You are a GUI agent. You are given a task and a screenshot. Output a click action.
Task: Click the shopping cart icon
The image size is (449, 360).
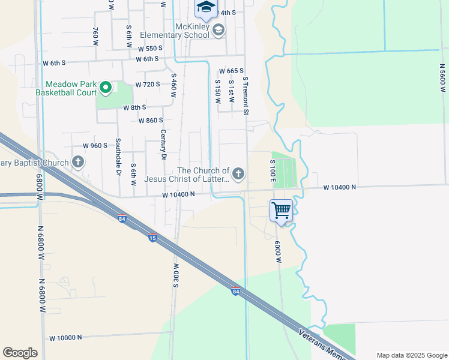[281, 210]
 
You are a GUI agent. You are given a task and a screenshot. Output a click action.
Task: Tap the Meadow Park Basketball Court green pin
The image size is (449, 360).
[106, 88]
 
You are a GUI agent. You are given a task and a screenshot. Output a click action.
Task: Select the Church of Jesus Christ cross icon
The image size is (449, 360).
[238, 174]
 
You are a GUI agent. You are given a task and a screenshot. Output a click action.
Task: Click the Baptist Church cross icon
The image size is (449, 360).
[78, 161]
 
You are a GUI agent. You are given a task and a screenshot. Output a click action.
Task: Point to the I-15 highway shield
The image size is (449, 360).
[152, 237]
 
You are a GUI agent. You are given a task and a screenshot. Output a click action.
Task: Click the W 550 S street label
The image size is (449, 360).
[150, 49]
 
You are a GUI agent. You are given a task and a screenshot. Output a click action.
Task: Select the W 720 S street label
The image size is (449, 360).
[148, 85]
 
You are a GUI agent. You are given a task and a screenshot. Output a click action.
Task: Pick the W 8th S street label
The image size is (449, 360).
[134, 108]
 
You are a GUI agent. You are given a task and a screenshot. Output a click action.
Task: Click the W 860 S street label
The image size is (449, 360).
[151, 121]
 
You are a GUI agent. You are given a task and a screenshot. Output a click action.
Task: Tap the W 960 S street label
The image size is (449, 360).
[95, 146]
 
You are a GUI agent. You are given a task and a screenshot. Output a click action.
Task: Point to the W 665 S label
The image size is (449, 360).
[231, 71]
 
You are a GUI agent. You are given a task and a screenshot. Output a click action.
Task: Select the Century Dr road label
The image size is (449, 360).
[162, 144]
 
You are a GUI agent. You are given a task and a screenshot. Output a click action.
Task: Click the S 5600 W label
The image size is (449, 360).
[442, 74]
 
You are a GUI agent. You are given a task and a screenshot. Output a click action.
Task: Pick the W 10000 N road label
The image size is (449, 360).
[65, 338]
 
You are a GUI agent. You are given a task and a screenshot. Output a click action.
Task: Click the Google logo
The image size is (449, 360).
[20, 352]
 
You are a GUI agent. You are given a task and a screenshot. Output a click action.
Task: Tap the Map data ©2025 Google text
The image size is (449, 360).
[411, 355]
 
